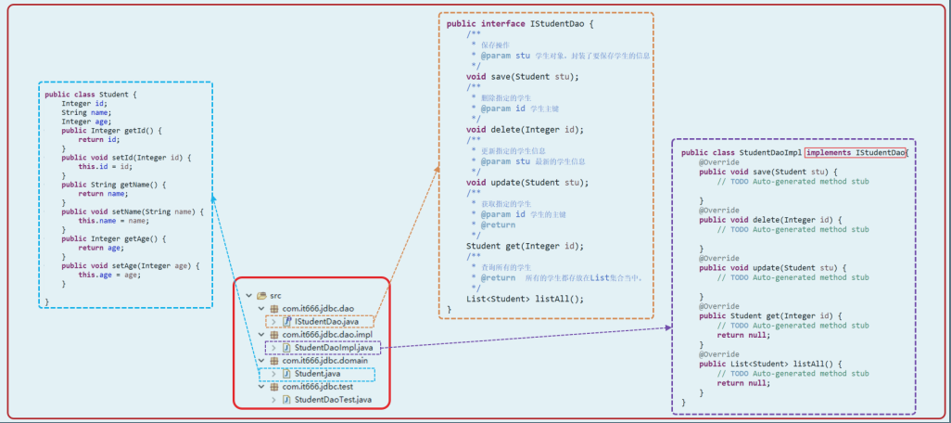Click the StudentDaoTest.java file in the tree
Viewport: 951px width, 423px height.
pos(333,400)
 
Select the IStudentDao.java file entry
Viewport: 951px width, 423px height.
pos(326,321)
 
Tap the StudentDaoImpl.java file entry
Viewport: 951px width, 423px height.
pos(333,348)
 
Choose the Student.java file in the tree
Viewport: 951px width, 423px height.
pos(318,374)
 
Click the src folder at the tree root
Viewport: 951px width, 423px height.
pos(275,295)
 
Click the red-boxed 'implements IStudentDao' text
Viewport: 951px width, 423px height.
pos(855,152)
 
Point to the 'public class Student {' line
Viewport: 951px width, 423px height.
pos(91,94)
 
